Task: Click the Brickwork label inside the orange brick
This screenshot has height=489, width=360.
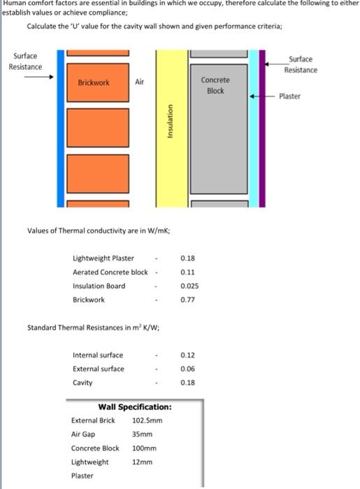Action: click(94, 82)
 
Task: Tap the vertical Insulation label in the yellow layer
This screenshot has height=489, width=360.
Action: click(170, 121)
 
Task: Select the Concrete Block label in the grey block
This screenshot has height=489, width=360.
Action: click(215, 85)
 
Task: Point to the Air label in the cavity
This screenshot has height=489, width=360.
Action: click(139, 82)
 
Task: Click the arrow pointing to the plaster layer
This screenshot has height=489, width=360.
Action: click(262, 96)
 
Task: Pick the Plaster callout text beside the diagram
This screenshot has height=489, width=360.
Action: click(290, 96)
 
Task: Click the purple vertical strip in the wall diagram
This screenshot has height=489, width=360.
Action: click(262, 129)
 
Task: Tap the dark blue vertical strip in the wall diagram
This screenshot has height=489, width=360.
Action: click(61, 129)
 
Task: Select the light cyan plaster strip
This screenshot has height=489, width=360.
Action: click(254, 129)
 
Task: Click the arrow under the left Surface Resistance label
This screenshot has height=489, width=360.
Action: click(39, 77)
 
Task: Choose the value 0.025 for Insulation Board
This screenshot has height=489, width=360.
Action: click(189, 286)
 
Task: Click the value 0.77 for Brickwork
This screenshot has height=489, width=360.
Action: click(187, 300)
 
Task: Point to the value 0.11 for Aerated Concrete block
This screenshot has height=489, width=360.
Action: click(187, 272)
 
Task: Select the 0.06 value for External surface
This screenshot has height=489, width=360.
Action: click(187, 369)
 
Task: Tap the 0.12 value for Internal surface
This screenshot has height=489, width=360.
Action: click(187, 355)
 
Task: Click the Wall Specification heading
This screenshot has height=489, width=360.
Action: click(135, 407)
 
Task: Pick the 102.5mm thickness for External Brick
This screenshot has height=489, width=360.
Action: click(147, 421)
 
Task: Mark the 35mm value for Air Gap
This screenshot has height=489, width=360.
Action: click(143, 434)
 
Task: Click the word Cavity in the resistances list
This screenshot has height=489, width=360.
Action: click(82, 383)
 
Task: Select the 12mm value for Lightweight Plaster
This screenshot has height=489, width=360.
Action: click(143, 462)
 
